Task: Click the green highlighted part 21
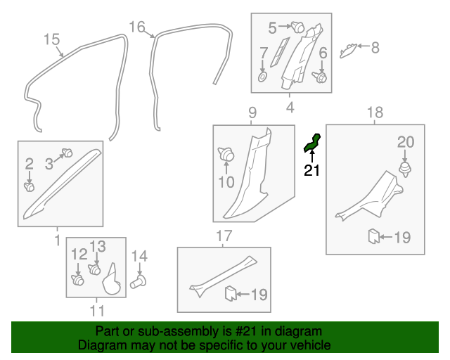tap(312, 143)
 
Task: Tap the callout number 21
tap(311, 170)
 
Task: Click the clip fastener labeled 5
tap(298, 28)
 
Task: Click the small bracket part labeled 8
tap(348, 49)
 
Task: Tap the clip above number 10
tap(226, 153)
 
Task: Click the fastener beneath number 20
tap(406, 169)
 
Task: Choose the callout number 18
tap(375, 112)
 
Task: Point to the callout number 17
tap(223, 236)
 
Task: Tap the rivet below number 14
tap(139, 282)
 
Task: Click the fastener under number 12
tap(78, 280)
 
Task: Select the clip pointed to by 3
tap(68, 152)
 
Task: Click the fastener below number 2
tap(30, 187)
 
